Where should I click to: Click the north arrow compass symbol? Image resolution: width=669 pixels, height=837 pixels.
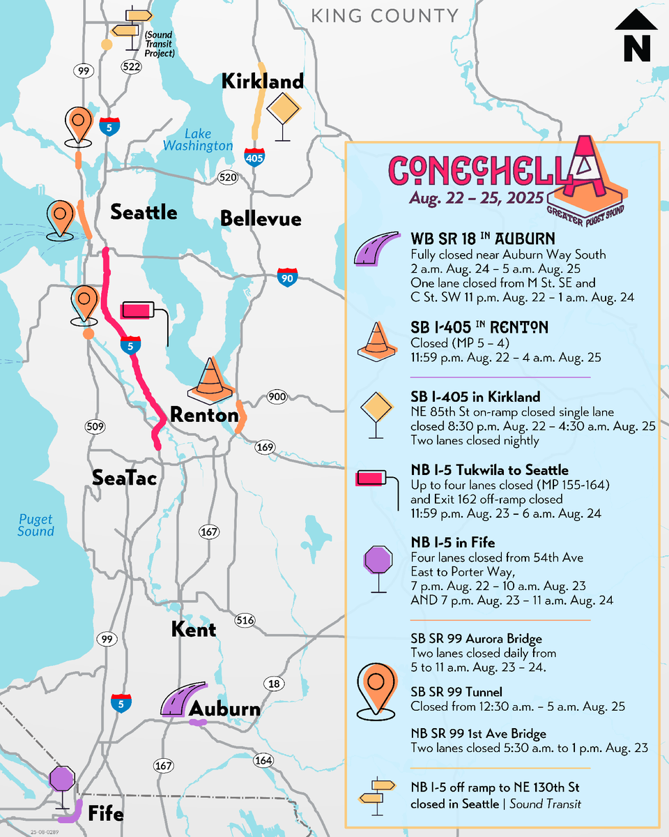(x=636, y=39)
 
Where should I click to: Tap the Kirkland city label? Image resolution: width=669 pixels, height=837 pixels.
(x=262, y=82)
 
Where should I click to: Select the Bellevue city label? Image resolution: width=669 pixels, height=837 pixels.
(x=261, y=219)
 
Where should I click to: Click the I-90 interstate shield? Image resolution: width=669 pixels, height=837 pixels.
(x=286, y=276)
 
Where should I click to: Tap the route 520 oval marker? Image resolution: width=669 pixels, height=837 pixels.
(x=228, y=177)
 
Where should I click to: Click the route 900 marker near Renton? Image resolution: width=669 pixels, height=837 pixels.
(x=277, y=398)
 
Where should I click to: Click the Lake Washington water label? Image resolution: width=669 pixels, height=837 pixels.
(x=198, y=140)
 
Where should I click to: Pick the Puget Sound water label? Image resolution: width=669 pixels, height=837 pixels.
(x=36, y=525)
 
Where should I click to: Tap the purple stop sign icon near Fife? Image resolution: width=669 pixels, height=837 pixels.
(x=63, y=779)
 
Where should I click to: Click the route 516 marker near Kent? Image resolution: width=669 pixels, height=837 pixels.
(x=245, y=620)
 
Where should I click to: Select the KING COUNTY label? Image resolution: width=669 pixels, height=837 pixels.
(x=385, y=16)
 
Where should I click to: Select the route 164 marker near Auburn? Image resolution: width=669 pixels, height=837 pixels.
(x=263, y=761)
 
